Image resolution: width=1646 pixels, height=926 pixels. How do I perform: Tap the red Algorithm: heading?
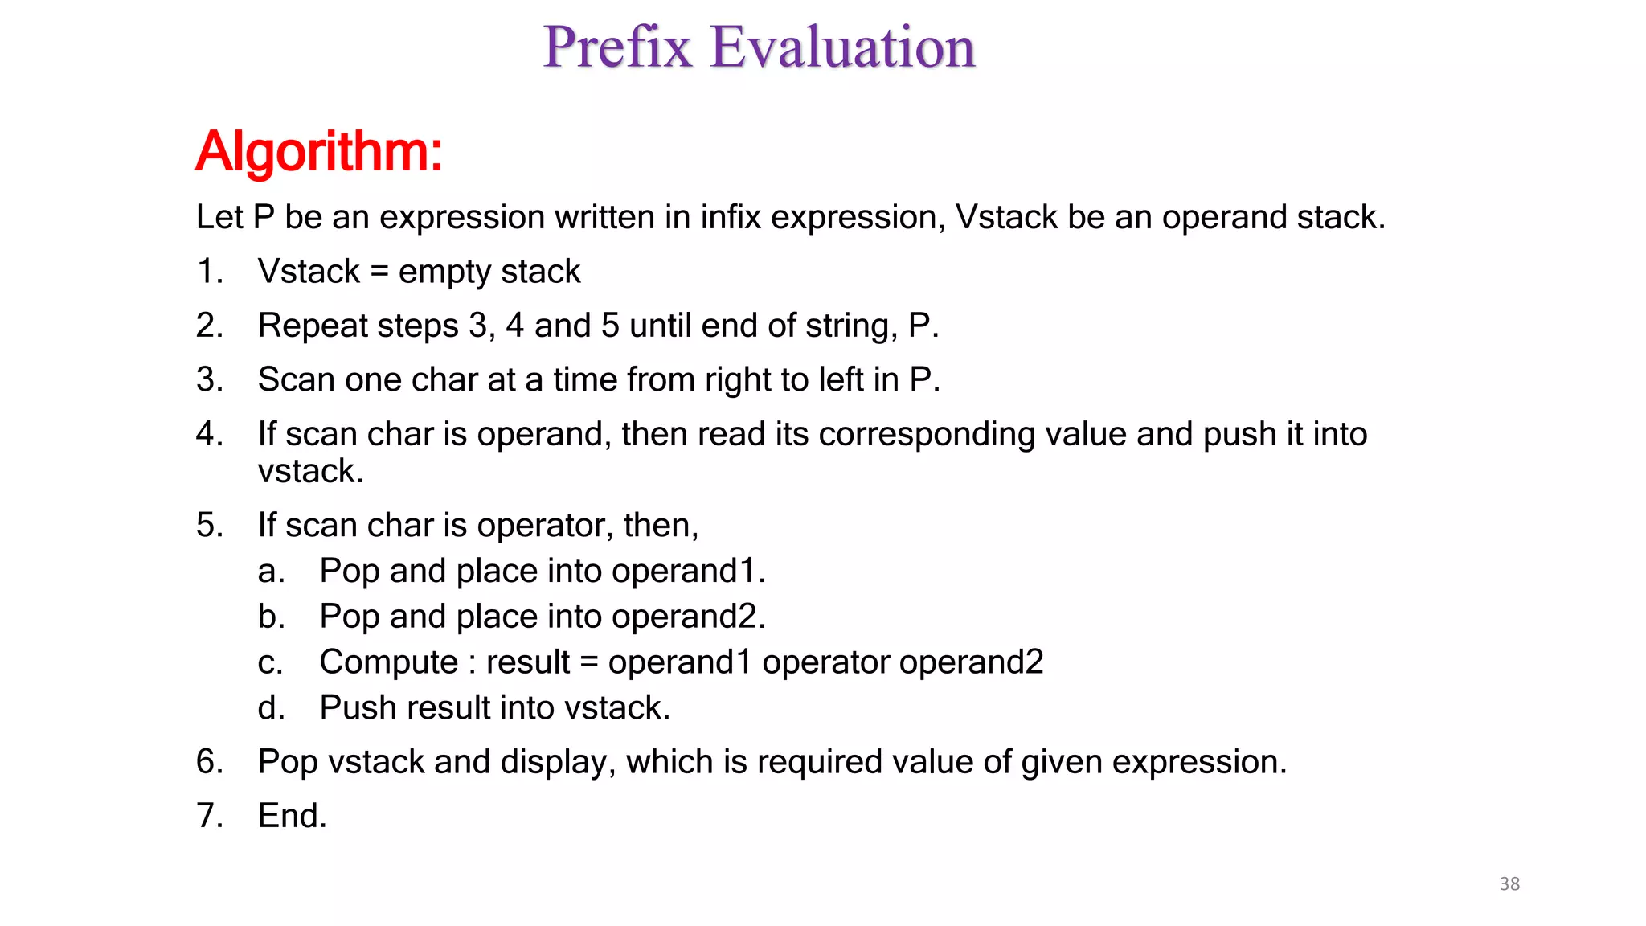pyautogui.click(x=319, y=151)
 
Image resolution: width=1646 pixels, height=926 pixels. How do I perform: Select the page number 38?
pyautogui.click(x=1509, y=883)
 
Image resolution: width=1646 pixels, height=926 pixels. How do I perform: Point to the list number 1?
pyautogui.click(x=209, y=271)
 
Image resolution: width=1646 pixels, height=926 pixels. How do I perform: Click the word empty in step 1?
pyautogui.click(x=440, y=272)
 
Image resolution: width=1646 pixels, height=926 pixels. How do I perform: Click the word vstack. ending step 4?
pyautogui.click(x=310, y=471)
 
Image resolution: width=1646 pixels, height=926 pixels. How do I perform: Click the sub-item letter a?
pyautogui.click(x=271, y=571)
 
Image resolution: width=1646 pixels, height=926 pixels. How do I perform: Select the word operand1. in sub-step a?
pyautogui.click(x=688, y=571)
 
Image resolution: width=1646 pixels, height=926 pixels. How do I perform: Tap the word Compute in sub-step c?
pyautogui.click(x=388, y=662)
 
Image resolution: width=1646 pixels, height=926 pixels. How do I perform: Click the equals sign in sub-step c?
pyautogui.click(x=588, y=662)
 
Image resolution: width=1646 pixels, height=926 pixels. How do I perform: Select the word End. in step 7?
pyautogui.click(x=292, y=816)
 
